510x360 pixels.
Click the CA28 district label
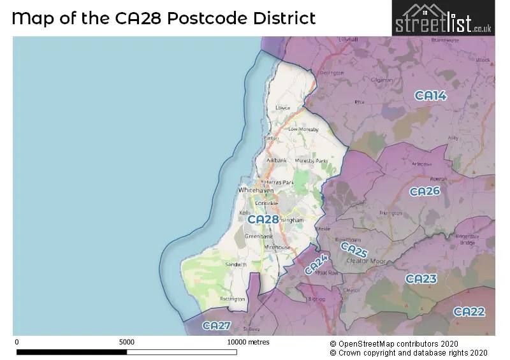[x=263, y=219]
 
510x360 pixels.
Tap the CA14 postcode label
[x=431, y=96]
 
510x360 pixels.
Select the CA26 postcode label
[x=425, y=191]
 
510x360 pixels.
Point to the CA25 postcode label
[x=353, y=250]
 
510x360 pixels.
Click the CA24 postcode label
[x=316, y=264]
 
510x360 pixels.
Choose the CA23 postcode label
[x=421, y=279]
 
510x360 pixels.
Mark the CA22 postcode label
[x=469, y=312]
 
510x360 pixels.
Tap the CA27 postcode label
[x=216, y=326]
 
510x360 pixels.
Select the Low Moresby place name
[x=302, y=129]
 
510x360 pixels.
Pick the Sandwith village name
[x=235, y=264]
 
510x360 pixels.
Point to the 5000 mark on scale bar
[x=126, y=342]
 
